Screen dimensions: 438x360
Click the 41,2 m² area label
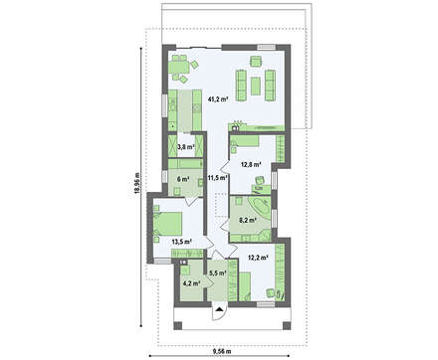(218, 98)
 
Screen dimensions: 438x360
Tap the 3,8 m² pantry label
(185, 146)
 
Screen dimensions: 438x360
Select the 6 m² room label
(183, 179)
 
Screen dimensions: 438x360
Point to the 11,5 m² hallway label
(217, 178)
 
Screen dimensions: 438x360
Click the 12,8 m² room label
(251, 164)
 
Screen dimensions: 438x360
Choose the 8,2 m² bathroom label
(248, 220)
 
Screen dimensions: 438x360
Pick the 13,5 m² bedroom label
(182, 242)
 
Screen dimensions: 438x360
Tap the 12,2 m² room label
(258, 257)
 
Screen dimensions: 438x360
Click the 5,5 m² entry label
(218, 273)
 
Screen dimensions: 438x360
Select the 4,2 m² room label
(191, 283)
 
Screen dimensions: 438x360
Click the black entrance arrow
(219, 309)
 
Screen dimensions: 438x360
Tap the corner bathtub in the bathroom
(259, 207)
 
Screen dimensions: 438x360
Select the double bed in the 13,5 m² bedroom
(168, 223)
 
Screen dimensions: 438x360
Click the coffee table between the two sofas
(256, 86)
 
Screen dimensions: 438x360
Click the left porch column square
(178, 325)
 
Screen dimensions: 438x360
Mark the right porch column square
(287, 325)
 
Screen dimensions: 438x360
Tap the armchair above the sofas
(256, 62)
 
